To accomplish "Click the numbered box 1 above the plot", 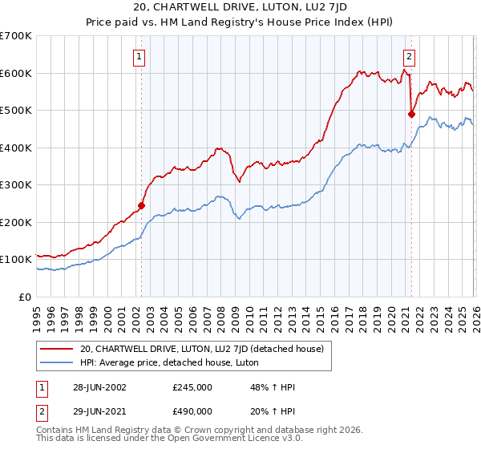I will pos(140,56).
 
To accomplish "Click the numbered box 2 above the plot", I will pos(410,56).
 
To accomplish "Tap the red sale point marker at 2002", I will pos(141,205).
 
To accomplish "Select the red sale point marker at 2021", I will pos(412,114).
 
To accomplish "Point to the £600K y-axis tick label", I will pos(16,73).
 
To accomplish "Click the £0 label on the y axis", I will pos(26,297).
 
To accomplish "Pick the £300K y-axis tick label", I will pos(16,185).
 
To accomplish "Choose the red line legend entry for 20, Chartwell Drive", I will pos(200,349).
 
